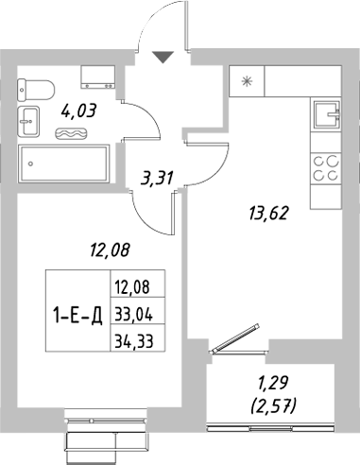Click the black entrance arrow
point(163,58)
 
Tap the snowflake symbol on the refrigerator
point(248,81)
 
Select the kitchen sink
point(327,114)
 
